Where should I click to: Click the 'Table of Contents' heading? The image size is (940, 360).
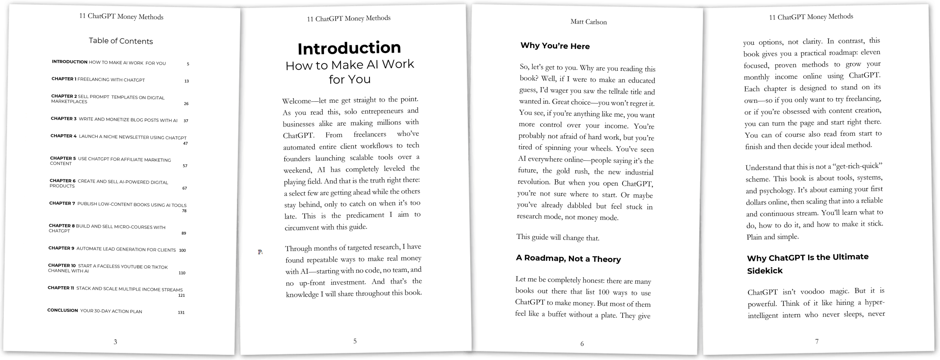(x=121, y=41)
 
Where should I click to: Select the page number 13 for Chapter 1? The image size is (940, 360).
(x=186, y=81)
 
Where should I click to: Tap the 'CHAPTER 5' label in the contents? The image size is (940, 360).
(x=63, y=158)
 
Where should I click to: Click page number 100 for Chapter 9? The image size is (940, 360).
(x=182, y=250)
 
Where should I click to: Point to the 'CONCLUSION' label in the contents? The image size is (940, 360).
(x=63, y=310)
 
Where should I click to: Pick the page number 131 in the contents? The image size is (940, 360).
(x=181, y=312)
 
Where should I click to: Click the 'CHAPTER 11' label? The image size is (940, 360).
(x=61, y=288)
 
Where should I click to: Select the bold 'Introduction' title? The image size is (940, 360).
(x=349, y=48)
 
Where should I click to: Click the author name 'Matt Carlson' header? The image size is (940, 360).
(x=588, y=22)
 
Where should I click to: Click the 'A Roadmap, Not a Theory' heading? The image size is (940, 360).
(x=568, y=259)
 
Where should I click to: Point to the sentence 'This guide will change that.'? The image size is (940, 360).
(x=557, y=237)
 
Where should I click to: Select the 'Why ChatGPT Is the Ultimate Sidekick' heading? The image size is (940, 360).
(x=808, y=264)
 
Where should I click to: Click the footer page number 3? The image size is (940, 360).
(x=115, y=342)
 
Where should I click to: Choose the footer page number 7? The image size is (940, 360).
(x=817, y=341)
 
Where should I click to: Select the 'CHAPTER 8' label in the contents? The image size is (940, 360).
(x=62, y=226)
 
